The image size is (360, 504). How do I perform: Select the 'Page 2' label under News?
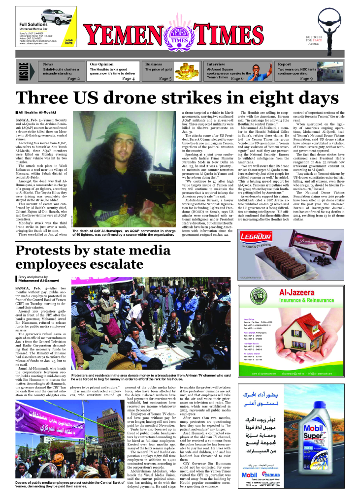[x=73, y=78]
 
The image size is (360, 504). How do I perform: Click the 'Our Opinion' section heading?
[x=101, y=64]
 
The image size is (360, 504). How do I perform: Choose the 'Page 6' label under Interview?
[x=237, y=78]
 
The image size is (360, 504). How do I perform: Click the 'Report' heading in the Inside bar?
[x=284, y=64]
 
